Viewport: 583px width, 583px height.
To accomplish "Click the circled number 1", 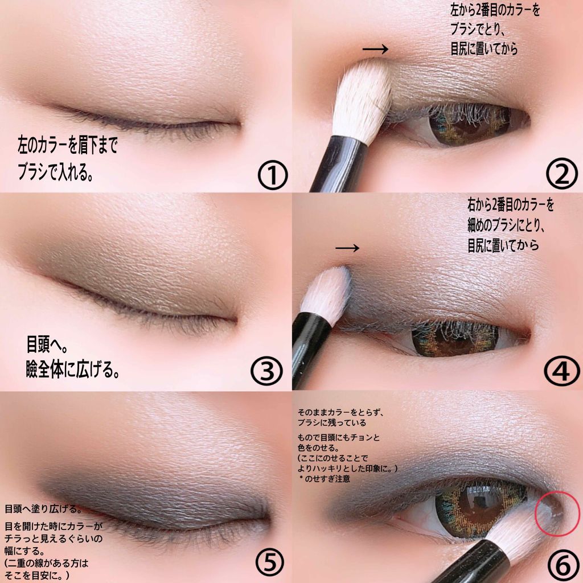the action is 273,175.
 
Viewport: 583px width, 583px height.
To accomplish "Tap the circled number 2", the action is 561,173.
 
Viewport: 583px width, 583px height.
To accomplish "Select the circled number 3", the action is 266,371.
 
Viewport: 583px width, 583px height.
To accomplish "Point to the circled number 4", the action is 561,370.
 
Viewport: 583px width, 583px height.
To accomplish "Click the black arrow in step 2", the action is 375,49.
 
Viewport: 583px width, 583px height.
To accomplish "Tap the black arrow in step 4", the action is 347,248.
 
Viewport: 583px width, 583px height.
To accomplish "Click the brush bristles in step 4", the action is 326,294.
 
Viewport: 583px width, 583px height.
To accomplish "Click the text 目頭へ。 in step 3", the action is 47,344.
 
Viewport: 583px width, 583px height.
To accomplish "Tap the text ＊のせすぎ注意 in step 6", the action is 325,479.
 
